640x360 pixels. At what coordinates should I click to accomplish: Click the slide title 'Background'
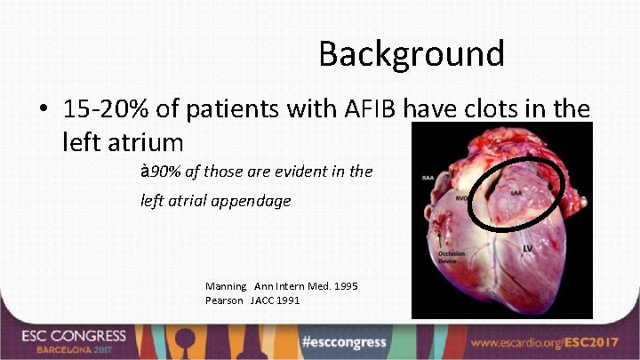412,54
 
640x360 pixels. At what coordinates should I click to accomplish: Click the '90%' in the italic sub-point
162,172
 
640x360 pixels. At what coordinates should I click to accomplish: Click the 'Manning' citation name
227,286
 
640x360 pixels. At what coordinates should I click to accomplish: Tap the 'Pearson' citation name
225,300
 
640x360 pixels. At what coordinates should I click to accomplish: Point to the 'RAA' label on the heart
429,177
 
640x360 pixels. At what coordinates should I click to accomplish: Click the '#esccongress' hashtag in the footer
344,342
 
